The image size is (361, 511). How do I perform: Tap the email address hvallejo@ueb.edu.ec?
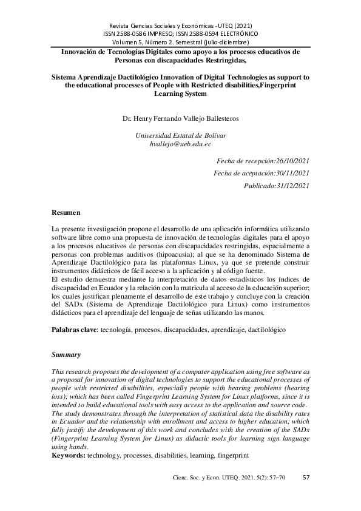coord(180,144)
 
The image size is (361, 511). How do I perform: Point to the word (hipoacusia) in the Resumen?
coord(176,256)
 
